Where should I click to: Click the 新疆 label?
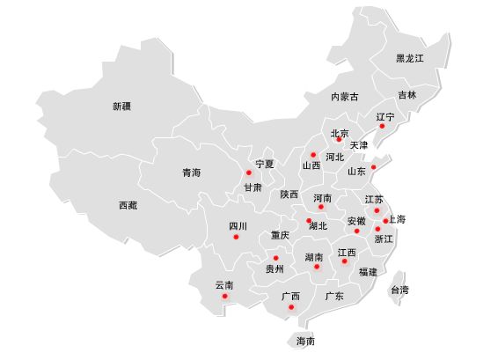coord(121,107)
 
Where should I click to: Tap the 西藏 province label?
coord(128,205)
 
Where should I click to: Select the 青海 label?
coord(191,173)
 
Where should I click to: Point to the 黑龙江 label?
coord(410,58)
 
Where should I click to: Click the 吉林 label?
coord(406,95)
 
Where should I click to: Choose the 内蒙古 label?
coord(345,97)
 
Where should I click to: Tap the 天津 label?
coord(359,145)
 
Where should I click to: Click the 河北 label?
coord(334,158)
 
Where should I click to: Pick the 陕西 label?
coord(289,195)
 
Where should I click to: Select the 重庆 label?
coord(280,235)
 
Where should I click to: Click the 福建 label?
coord(368,272)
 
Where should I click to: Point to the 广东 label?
coord(333,297)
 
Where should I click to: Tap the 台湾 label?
coord(399,290)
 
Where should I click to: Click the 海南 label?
coord(305,341)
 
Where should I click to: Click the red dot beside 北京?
coord(339,140)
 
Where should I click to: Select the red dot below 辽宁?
coord(382,127)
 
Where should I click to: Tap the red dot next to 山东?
coord(373,166)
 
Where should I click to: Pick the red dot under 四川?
coord(235,236)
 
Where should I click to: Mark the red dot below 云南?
coord(225,296)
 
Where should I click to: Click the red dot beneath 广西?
coord(291,307)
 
